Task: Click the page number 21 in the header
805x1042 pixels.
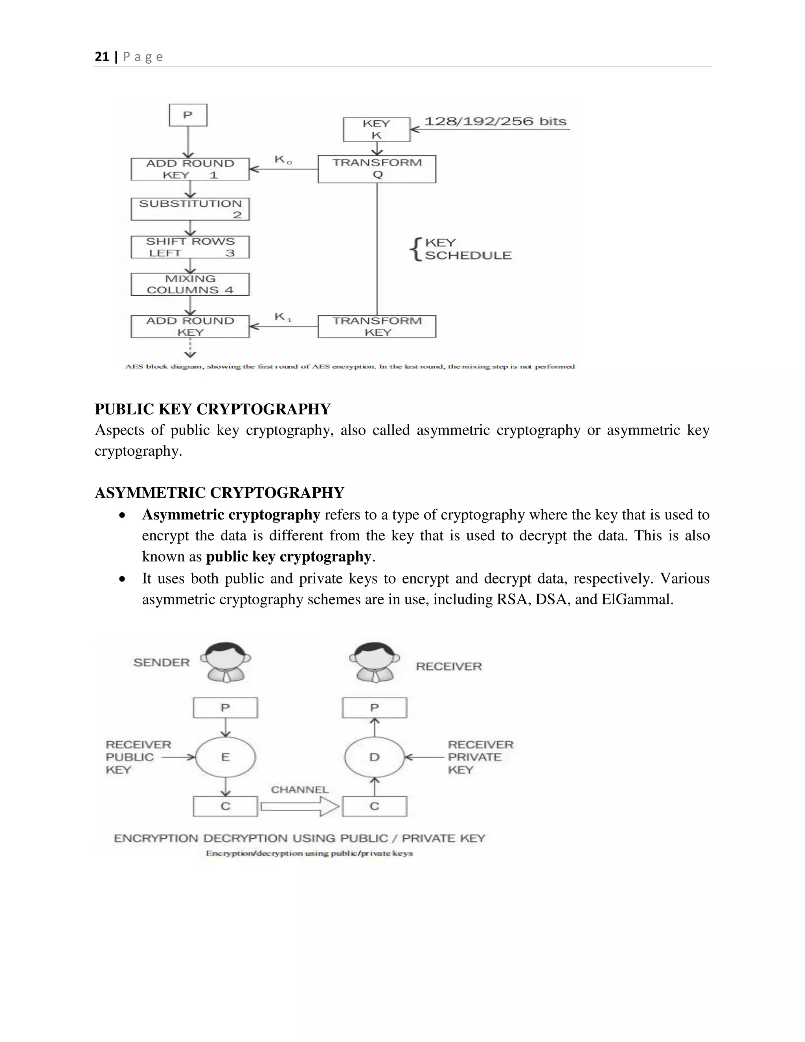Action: coord(101,57)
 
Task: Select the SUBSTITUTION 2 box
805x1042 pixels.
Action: coord(190,209)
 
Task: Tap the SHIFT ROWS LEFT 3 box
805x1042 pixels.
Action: coord(190,247)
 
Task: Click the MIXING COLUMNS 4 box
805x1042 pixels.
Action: coord(190,284)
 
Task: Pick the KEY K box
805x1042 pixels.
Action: coord(376,129)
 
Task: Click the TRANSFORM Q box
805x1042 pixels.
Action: coord(377,169)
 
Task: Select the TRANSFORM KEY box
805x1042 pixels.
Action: coord(377,326)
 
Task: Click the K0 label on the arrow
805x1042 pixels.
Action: coord(282,160)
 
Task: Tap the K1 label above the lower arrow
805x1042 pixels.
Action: coord(282,317)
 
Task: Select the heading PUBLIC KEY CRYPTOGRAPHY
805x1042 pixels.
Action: coord(212,409)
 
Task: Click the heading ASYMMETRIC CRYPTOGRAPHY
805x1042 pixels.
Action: coord(219,493)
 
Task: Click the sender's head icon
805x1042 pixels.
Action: coord(226,661)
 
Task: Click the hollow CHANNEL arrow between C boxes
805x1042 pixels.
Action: coord(300,806)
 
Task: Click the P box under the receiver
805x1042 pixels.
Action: coord(374,707)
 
